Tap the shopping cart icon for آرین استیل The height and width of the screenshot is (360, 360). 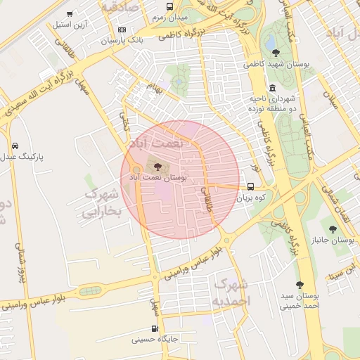[x=69, y=14]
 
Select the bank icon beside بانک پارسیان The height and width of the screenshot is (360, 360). [x=122, y=30]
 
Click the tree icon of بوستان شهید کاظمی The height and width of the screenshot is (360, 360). [x=275, y=52]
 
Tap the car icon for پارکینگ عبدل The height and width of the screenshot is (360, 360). [x=15, y=146]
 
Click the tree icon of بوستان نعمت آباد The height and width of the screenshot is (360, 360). [x=156, y=167]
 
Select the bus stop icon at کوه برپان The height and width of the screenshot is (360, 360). [x=251, y=186]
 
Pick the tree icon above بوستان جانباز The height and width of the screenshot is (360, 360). [x=333, y=229]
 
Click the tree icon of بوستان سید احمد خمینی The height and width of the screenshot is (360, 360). [x=300, y=285]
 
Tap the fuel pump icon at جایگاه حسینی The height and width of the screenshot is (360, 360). [x=155, y=328]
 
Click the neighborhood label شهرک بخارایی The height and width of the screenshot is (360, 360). [x=102, y=202]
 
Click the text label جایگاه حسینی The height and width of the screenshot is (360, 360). [x=156, y=340]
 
